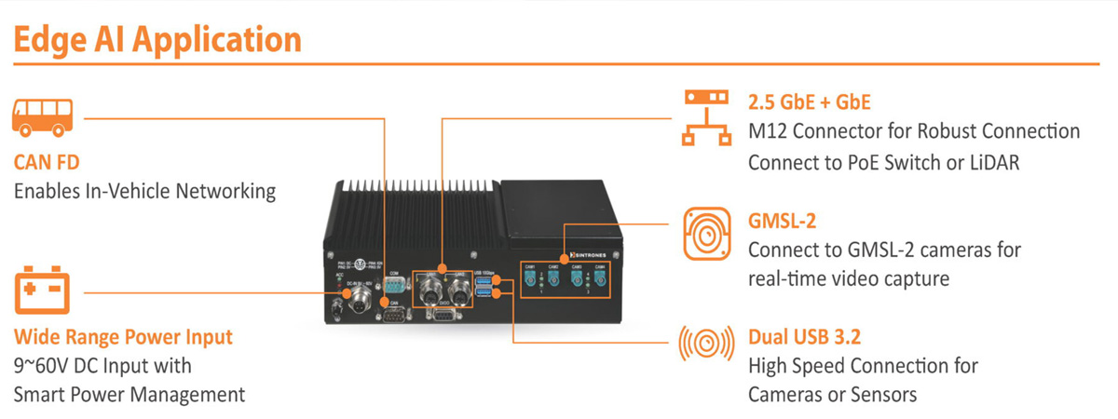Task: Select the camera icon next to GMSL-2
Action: click(704, 232)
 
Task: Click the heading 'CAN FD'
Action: click(46, 163)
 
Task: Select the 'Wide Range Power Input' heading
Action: click(123, 336)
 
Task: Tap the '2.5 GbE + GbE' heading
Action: click(809, 101)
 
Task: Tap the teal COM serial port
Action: click(392, 282)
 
